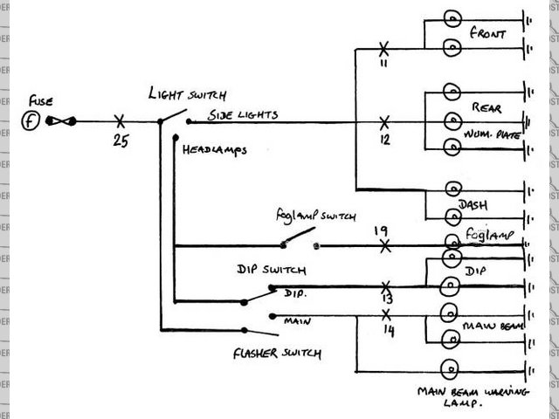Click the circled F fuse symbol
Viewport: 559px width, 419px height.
[x=31, y=120]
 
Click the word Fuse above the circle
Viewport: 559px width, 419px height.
[x=40, y=100]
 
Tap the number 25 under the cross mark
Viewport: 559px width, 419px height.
[x=121, y=141]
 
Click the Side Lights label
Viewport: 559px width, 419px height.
[x=244, y=115]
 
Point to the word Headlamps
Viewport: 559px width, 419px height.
[x=214, y=149]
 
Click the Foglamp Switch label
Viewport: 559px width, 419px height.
[x=310, y=215]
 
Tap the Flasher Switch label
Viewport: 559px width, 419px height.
[x=277, y=354]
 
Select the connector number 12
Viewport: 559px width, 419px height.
[x=384, y=140]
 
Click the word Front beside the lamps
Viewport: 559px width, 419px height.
[x=488, y=34]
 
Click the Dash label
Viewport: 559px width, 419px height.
[x=472, y=205]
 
